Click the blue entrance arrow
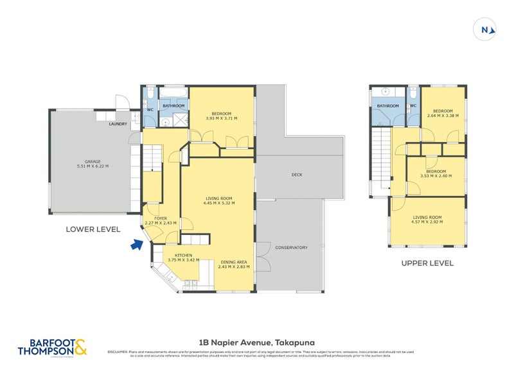pos(136,244)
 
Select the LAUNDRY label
pos(118,124)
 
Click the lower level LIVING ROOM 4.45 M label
pos(218,200)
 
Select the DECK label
pos(296,175)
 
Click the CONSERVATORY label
pos(291,247)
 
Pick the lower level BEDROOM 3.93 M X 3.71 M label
pos(221,116)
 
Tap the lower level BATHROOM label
pos(173,107)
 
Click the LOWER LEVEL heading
pos(93,229)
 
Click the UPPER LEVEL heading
pos(427,263)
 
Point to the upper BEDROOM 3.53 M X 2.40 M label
pos(437,173)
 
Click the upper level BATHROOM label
pos(387,106)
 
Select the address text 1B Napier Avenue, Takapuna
pos(257,344)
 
